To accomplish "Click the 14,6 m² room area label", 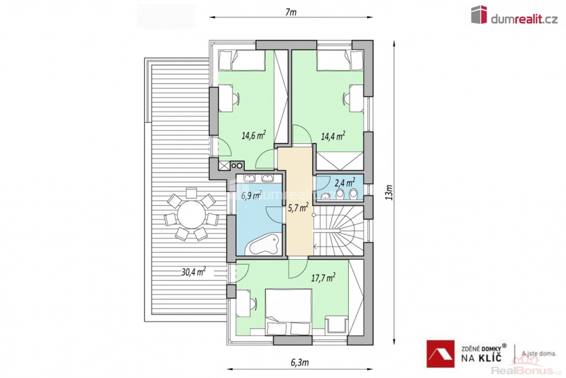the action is click(x=254, y=135).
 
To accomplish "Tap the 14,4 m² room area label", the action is click(x=333, y=136).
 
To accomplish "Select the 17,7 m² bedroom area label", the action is click(x=323, y=277).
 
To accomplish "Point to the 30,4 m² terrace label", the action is click(x=193, y=271).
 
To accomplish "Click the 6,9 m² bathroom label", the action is click(x=251, y=195).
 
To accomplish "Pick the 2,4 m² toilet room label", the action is click(x=345, y=182).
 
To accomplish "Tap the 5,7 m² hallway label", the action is click(x=298, y=208).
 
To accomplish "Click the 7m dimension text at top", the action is click(x=291, y=12).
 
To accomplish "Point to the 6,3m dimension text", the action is click(x=300, y=362).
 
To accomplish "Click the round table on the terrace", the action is click(x=191, y=214).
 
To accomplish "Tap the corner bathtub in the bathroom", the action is click(x=264, y=245).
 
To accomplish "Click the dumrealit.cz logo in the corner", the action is click(x=515, y=15).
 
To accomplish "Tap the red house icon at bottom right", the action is click(x=441, y=354).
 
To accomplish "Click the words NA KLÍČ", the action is click(x=481, y=358).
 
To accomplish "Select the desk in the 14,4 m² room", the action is click(x=355, y=98).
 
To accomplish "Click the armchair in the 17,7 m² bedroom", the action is click(x=336, y=325).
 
